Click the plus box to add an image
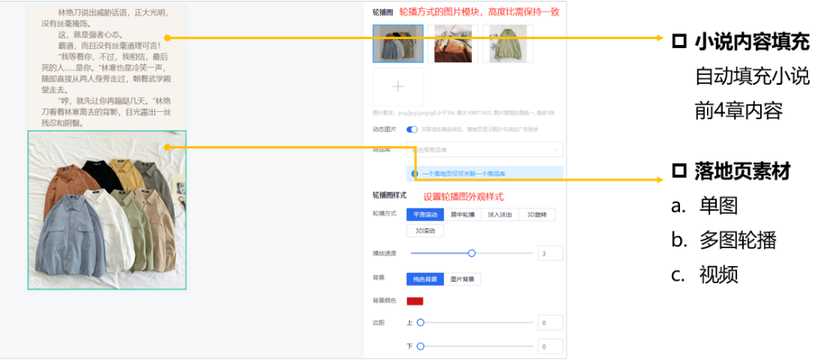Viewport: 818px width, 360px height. (398, 87)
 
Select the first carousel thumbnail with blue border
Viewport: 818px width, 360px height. (398, 43)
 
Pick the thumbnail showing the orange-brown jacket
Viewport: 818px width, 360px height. (452, 43)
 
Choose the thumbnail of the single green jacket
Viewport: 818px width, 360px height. (508, 43)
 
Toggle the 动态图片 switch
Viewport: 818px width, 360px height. (412, 130)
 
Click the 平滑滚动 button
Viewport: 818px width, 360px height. (425, 214)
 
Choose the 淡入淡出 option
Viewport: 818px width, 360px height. (500, 214)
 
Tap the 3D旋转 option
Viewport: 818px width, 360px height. (538, 214)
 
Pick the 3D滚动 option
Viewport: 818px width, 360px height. (425, 231)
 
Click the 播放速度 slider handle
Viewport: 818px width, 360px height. (472, 254)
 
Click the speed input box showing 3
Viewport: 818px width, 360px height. (550, 254)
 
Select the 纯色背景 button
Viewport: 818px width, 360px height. (425, 279)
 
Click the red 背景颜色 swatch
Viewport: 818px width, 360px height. (415, 301)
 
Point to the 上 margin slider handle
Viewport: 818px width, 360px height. (420, 322)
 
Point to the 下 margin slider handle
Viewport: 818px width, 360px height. (420, 346)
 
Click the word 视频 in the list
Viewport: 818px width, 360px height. (718, 275)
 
